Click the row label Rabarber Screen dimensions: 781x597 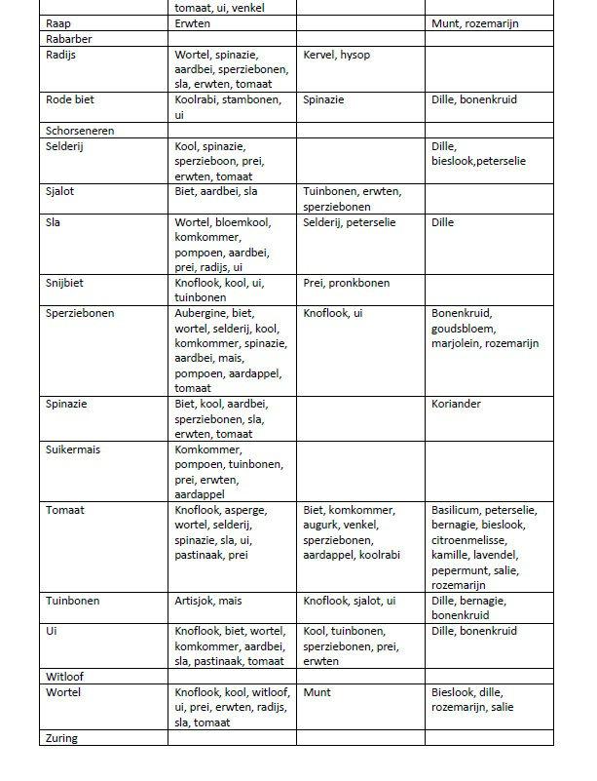(68, 39)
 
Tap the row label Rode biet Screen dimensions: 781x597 (70, 99)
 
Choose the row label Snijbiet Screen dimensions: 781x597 (65, 283)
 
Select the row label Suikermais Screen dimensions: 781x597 (73, 449)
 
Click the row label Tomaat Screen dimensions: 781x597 (65, 510)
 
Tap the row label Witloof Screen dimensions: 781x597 (63, 676)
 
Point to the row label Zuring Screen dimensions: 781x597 (61, 738)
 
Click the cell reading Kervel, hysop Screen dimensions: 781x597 (337, 55)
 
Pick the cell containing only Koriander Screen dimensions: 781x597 (457, 404)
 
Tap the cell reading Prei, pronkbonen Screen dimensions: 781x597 (347, 283)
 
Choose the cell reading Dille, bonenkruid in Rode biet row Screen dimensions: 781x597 (474, 99)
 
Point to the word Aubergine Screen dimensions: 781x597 (200, 313)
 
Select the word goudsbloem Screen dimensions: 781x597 (466, 329)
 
